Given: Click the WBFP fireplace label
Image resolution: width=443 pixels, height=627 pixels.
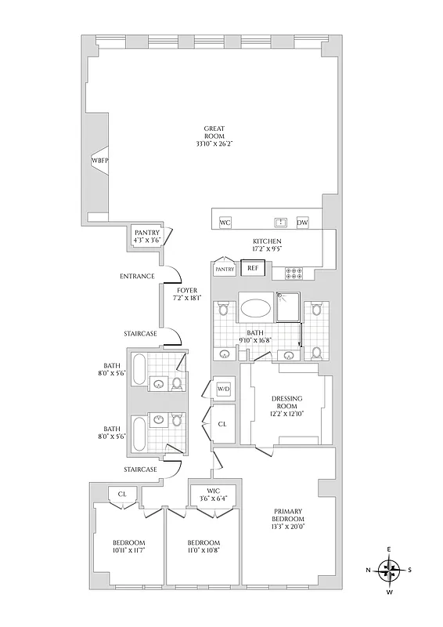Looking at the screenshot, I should click(99, 161).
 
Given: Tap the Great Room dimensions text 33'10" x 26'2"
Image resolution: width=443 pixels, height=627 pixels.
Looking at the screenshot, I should click(214, 144).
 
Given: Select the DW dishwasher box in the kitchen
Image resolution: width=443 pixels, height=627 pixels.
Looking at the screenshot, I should click(303, 222).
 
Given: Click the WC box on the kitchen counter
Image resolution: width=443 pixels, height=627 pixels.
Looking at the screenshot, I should click(225, 222).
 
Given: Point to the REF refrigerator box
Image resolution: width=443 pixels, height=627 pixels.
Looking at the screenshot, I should click(252, 268).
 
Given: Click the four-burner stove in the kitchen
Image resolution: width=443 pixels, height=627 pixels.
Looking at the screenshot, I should click(297, 273).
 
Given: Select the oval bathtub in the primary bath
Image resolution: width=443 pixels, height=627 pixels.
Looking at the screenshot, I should click(255, 309).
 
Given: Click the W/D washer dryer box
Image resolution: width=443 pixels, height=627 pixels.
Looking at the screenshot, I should click(224, 389).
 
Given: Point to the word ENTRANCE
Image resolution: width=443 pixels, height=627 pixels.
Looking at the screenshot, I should click(135, 277).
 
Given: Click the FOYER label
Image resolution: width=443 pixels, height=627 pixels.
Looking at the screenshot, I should click(187, 290).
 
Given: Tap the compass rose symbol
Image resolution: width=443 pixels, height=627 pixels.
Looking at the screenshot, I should click(389, 571).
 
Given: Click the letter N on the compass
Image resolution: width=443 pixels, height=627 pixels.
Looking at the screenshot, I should click(369, 571).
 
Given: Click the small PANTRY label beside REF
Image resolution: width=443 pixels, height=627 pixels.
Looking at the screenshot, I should click(225, 270).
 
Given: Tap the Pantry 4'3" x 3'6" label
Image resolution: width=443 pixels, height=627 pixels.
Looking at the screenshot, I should click(146, 237).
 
